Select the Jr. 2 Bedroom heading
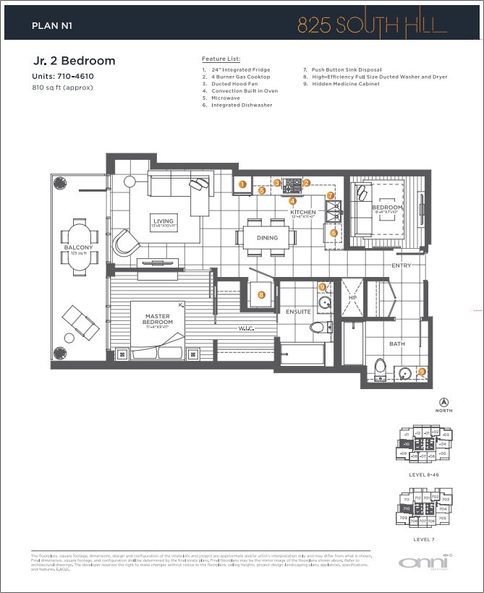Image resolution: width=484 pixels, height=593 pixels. (74, 61)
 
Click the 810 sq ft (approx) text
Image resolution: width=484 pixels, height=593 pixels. (63, 88)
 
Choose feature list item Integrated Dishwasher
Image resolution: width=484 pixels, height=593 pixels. (242, 106)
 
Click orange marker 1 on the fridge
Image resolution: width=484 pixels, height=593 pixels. (242, 184)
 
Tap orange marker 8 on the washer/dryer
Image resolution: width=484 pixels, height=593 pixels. (261, 294)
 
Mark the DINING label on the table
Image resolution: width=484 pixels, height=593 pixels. (267, 238)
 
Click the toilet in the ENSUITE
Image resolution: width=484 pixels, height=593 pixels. (316, 328)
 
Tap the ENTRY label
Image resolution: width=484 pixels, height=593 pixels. (401, 265)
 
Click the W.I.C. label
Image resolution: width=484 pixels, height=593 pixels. (247, 328)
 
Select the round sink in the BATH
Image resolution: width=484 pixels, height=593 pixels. (404, 373)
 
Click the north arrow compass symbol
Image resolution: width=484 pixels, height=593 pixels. (443, 402)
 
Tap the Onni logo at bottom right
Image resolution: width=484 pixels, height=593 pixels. (424, 562)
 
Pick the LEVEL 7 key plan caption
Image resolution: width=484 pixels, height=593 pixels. (423, 539)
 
